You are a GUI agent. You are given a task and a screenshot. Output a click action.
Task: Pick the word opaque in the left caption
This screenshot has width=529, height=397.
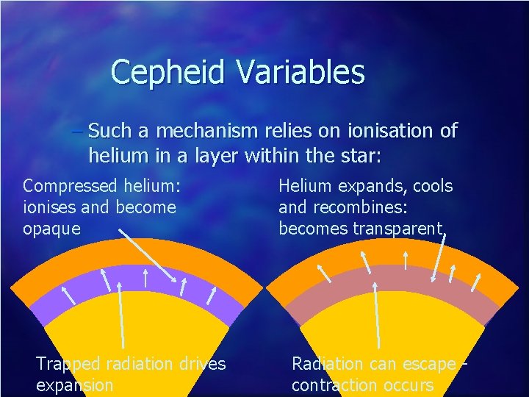pos(51,229)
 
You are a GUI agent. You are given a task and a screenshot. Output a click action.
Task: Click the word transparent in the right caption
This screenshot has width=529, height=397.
pos(398,229)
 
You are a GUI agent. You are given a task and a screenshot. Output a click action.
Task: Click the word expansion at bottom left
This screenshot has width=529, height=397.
pos(74,385)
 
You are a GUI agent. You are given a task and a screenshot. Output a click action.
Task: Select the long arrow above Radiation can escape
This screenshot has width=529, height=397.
pos(377,316)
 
